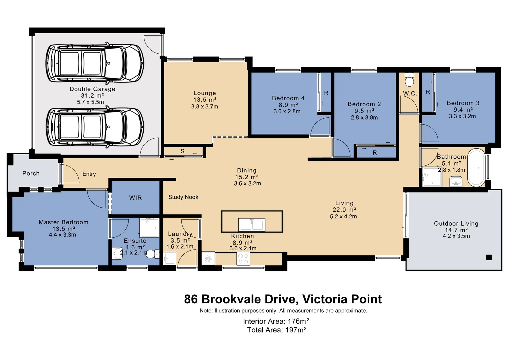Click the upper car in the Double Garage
click(95, 63)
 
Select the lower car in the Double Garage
click(95, 127)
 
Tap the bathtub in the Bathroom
click(476, 167)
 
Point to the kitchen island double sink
click(252, 225)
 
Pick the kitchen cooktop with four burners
click(243, 259)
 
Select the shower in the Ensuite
click(149, 228)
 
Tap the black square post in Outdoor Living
click(489, 257)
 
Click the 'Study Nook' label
click(183, 197)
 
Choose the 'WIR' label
click(135, 198)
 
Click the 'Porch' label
click(31, 173)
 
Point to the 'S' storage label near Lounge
click(182, 151)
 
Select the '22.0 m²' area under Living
click(344, 210)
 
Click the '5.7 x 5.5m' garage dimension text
click(90, 102)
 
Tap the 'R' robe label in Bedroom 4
click(326, 93)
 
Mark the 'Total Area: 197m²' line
click(276, 330)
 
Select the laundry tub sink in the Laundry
click(169, 259)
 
